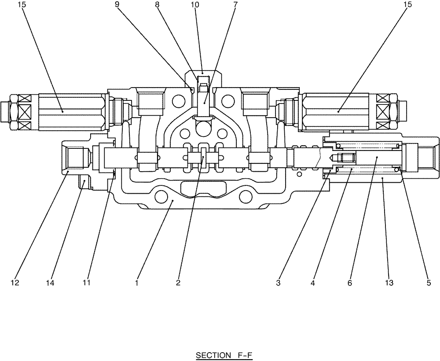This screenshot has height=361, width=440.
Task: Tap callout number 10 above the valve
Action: pos(195,5)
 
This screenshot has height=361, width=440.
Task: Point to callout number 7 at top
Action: pos(235,5)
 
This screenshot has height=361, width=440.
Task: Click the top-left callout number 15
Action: pos(22,5)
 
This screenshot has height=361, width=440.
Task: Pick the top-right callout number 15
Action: pos(408,5)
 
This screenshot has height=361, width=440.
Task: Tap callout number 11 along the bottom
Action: pos(86,283)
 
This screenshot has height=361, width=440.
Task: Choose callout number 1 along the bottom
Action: pos(137,283)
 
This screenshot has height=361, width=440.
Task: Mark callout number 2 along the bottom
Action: pos(178,283)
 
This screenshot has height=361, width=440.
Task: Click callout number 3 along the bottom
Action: pos(278,283)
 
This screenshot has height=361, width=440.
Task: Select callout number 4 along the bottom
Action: pos(313,283)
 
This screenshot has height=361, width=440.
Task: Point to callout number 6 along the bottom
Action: pos(350,283)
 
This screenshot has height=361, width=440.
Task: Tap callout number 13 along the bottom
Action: pos(389,283)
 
